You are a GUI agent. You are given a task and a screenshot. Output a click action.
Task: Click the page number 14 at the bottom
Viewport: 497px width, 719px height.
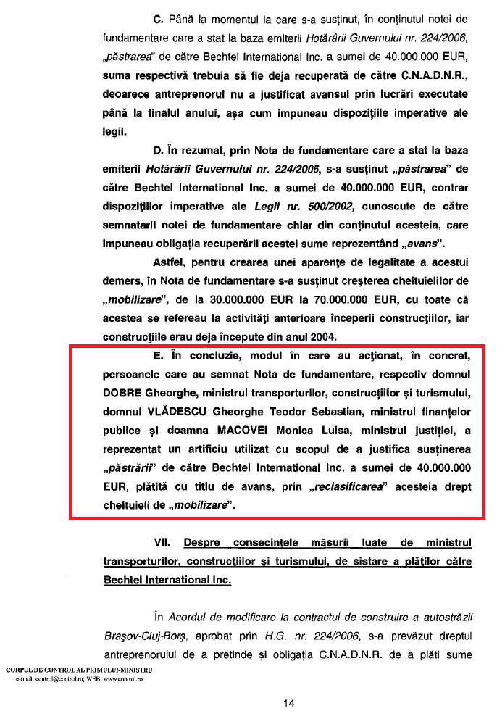coord(289,702)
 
